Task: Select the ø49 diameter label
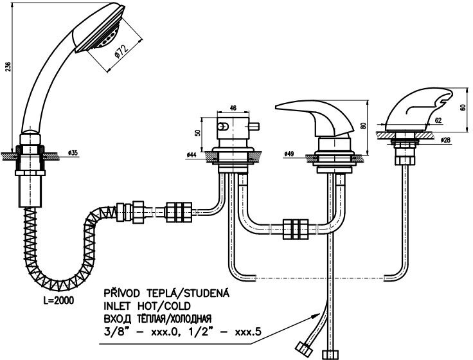click(x=289, y=155)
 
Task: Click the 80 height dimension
click(x=364, y=127)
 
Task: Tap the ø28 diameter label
click(x=444, y=139)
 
